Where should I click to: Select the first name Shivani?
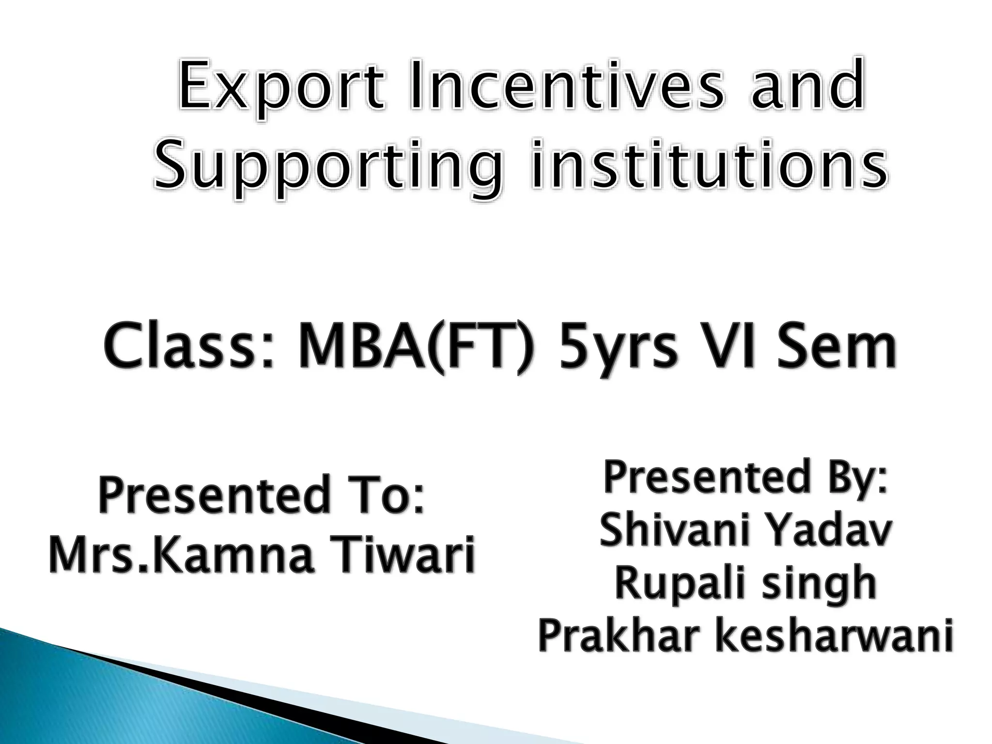[675, 530]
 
